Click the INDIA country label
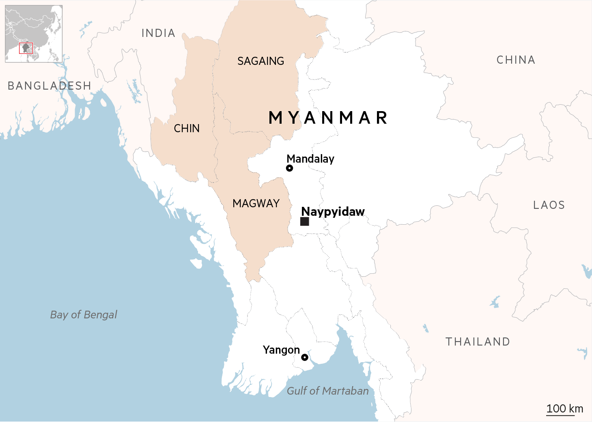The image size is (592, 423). pos(158,33)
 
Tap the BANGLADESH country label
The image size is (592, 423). pos(50,86)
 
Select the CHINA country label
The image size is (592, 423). pos(516,60)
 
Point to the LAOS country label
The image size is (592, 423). pos(549,205)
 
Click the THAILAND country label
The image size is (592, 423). pos(478,342)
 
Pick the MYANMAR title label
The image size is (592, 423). pos(328,118)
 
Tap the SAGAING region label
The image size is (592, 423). pos(260,61)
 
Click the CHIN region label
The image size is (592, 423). pos(187,129)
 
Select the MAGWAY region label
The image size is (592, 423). pos(256,204)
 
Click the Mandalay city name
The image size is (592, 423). pos(310,159)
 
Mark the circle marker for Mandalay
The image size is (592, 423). pos(289,168)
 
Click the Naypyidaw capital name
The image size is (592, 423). pos(333,212)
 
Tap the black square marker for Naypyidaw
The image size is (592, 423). pos(305,221)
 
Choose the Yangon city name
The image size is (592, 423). pos(281,350)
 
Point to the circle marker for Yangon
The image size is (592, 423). pos(305,357)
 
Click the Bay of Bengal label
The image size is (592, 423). pos(84,315)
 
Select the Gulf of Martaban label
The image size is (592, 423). pos(328,391)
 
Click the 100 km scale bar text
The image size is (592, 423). pos(564,408)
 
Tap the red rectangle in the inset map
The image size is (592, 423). pos(26,48)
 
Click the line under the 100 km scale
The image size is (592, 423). pos(560,415)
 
